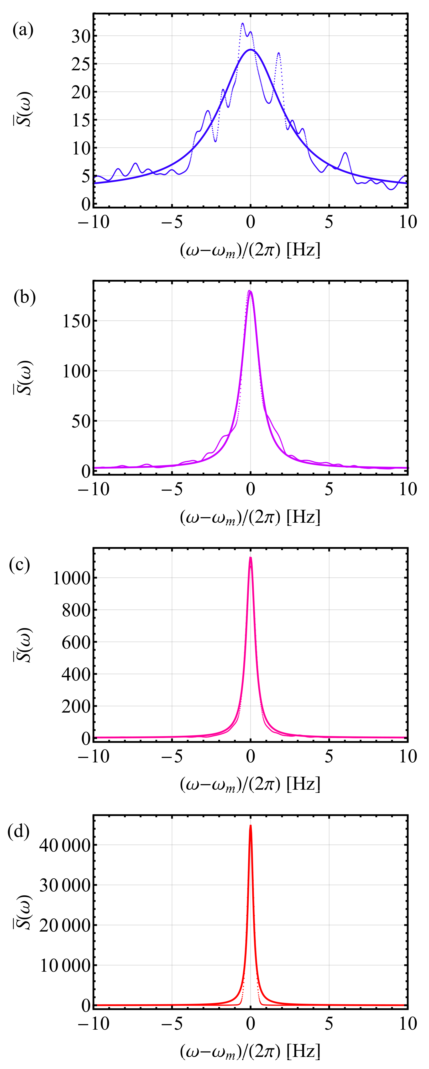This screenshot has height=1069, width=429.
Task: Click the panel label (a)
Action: pos(23,30)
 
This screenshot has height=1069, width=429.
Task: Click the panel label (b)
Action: pos(24,298)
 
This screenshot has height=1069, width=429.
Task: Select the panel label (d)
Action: pos(19,832)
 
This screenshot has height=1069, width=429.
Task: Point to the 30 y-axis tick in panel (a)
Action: pos(81,36)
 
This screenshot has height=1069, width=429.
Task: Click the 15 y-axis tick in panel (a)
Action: pos(81,121)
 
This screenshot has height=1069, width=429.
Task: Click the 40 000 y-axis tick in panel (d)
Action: pos(65,845)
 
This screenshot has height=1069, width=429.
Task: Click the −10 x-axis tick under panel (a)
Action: pos(93,222)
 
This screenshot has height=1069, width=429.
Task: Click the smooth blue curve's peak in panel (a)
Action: pos(250,50)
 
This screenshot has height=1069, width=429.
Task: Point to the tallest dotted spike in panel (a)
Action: pos(243,24)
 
